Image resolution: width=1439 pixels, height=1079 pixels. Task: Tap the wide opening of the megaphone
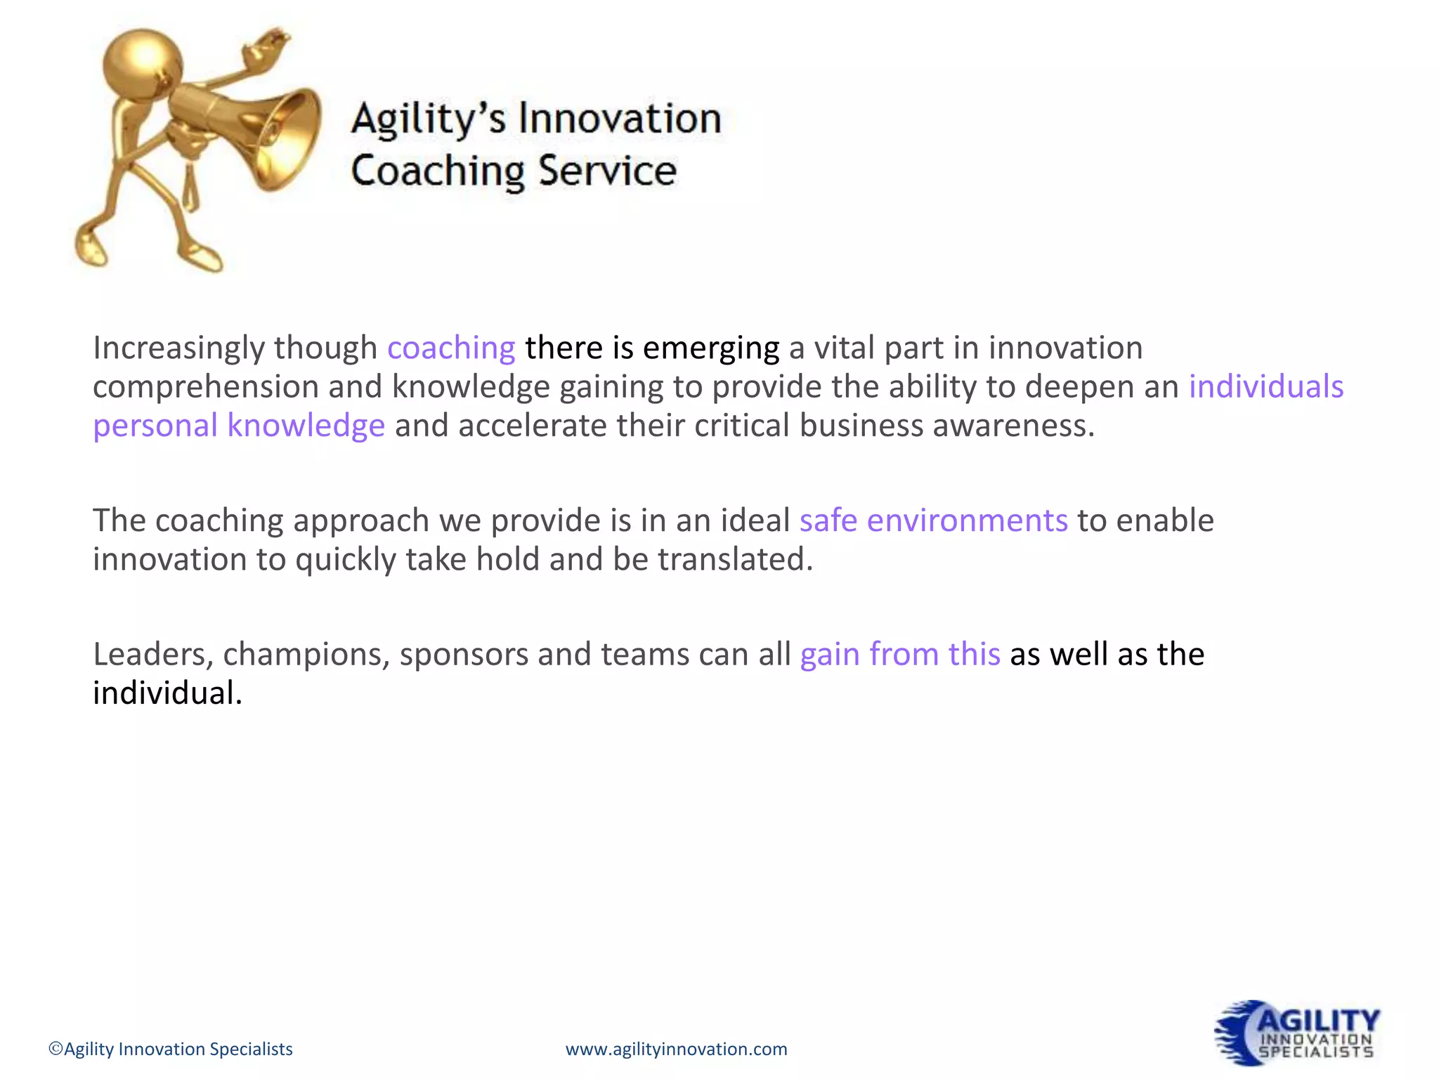tap(285, 139)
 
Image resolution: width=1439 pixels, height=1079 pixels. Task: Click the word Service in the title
tap(607, 171)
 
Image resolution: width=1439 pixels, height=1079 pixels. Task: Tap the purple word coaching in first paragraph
tap(451, 348)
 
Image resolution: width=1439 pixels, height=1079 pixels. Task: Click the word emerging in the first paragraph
tap(710, 348)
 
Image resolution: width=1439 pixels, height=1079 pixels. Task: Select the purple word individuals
tap(1265, 386)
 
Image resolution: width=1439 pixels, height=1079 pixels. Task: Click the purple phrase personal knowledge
tap(239, 426)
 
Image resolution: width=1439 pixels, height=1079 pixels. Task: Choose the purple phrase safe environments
tap(933, 521)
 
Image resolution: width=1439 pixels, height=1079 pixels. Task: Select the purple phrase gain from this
tap(900, 654)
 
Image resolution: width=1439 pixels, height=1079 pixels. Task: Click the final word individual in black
tap(167, 693)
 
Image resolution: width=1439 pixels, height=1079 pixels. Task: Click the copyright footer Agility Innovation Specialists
tap(171, 1049)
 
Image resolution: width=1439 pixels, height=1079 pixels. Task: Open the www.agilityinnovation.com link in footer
tap(676, 1049)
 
